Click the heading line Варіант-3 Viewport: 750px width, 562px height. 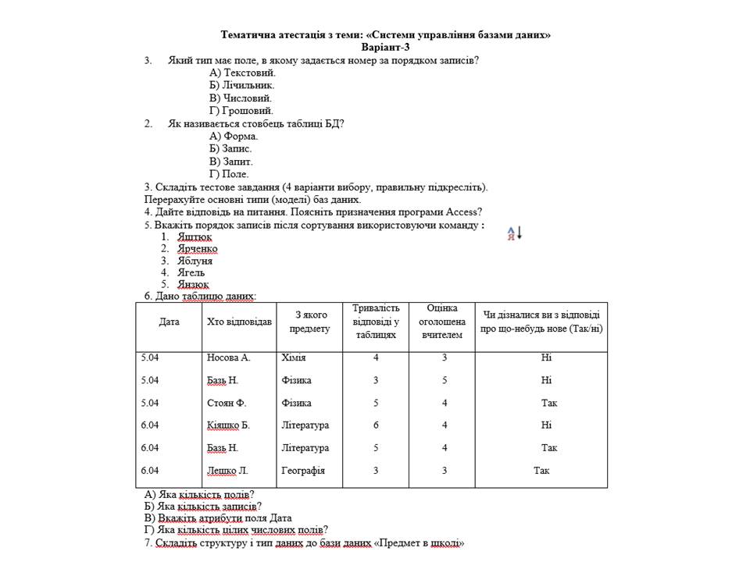pyautogui.click(x=386, y=47)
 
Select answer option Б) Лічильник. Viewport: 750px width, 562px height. pyautogui.click(x=242, y=84)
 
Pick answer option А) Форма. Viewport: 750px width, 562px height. pyautogui.click(x=234, y=136)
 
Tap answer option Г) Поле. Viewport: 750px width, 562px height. pyautogui.click(x=229, y=174)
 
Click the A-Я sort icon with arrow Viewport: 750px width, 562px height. pyautogui.click(x=514, y=233)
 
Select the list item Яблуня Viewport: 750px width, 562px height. pyautogui.click(x=195, y=261)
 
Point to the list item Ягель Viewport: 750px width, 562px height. pyautogui.click(x=191, y=272)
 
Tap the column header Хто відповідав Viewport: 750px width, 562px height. pyautogui.click(x=240, y=322)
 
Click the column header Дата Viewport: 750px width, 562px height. pyautogui.click(x=169, y=322)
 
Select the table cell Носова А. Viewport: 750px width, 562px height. pyautogui.click(x=228, y=357)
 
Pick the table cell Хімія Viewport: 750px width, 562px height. pyautogui.click(x=293, y=357)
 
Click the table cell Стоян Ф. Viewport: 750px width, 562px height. pyautogui.click(x=227, y=403)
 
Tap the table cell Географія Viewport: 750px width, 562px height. pyautogui.click(x=302, y=471)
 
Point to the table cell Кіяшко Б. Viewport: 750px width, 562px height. pyautogui.click(x=228, y=425)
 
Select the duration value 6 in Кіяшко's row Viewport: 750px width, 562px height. pyautogui.click(x=376, y=425)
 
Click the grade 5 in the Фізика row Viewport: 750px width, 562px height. pyautogui.click(x=444, y=380)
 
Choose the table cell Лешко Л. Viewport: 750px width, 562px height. pyautogui.click(x=227, y=471)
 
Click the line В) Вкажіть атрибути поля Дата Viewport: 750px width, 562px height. pyautogui.click(x=218, y=517)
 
